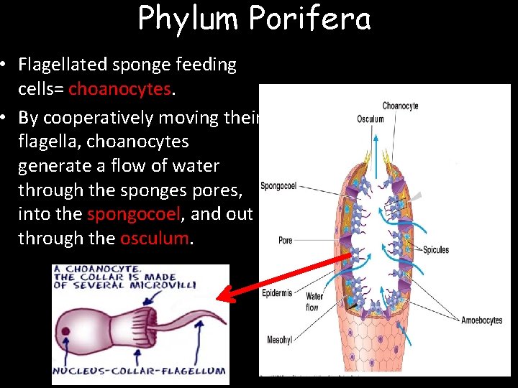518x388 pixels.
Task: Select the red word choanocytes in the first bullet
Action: (120, 89)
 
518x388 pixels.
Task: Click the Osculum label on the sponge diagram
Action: (371, 119)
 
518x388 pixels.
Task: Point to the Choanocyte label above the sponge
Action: (400, 106)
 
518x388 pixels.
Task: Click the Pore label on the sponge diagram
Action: (286, 240)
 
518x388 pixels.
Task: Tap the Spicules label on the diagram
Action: (435, 250)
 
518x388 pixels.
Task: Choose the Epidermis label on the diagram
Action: (277, 293)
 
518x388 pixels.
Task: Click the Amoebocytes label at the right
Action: (482, 320)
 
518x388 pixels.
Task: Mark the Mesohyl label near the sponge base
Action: (279, 340)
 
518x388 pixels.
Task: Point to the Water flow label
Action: (314, 302)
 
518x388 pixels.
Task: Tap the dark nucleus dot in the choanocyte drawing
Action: (66, 332)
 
